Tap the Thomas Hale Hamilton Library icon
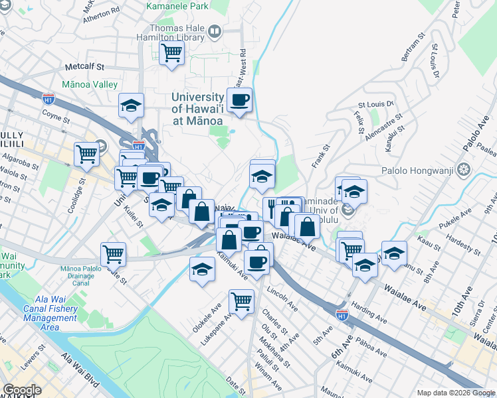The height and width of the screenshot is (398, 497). (x=215, y=31)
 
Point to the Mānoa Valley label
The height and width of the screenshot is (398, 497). (x=89, y=84)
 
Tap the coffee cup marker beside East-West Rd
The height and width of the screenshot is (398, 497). (x=239, y=100)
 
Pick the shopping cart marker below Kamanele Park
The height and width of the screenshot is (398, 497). (x=171, y=52)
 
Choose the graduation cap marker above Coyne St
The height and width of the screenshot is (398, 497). (x=132, y=105)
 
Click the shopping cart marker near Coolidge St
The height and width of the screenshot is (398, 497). (x=87, y=154)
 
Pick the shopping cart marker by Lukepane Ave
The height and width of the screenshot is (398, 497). (x=241, y=300)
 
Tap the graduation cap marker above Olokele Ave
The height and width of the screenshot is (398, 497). (x=202, y=269)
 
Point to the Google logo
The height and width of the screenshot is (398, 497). (x=22, y=390)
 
